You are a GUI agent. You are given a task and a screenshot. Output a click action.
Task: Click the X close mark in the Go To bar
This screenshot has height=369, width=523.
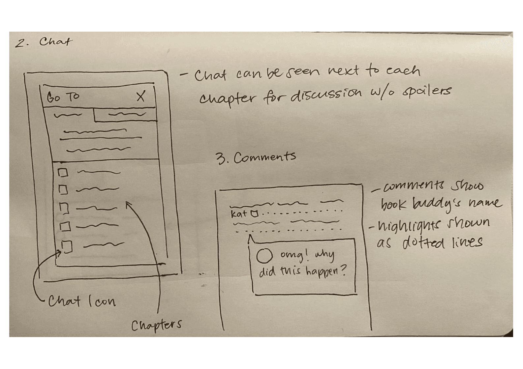click(141, 97)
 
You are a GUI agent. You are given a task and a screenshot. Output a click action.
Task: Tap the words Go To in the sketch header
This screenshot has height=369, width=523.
click(63, 97)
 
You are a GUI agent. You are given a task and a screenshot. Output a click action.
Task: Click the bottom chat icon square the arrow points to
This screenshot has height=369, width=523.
click(67, 247)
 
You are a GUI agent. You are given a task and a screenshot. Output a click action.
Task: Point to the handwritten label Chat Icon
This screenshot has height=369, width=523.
click(82, 301)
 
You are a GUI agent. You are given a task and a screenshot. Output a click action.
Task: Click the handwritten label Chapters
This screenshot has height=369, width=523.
click(156, 326)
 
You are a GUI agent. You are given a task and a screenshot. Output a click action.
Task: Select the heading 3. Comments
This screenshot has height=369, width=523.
click(256, 157)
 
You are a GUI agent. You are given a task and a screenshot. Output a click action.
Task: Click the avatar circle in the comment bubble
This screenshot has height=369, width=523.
click(264, 256)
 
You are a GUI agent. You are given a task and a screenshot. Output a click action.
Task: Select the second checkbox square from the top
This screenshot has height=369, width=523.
click(63, 189)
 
